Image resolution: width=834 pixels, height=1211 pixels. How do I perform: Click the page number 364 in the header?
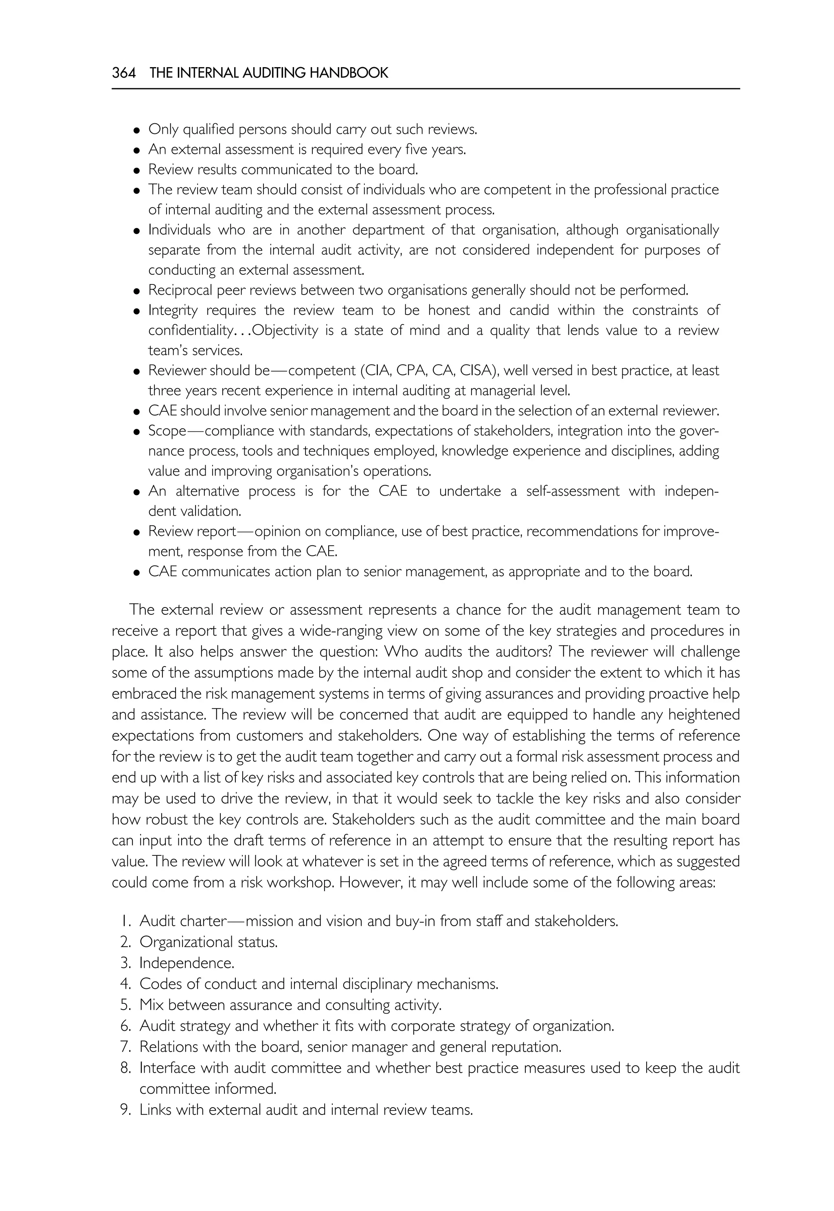pos(123,73)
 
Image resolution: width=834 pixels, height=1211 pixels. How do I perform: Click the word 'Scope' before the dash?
pos(167,431)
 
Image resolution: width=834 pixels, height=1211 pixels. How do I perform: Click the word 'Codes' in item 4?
pos(159,984)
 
